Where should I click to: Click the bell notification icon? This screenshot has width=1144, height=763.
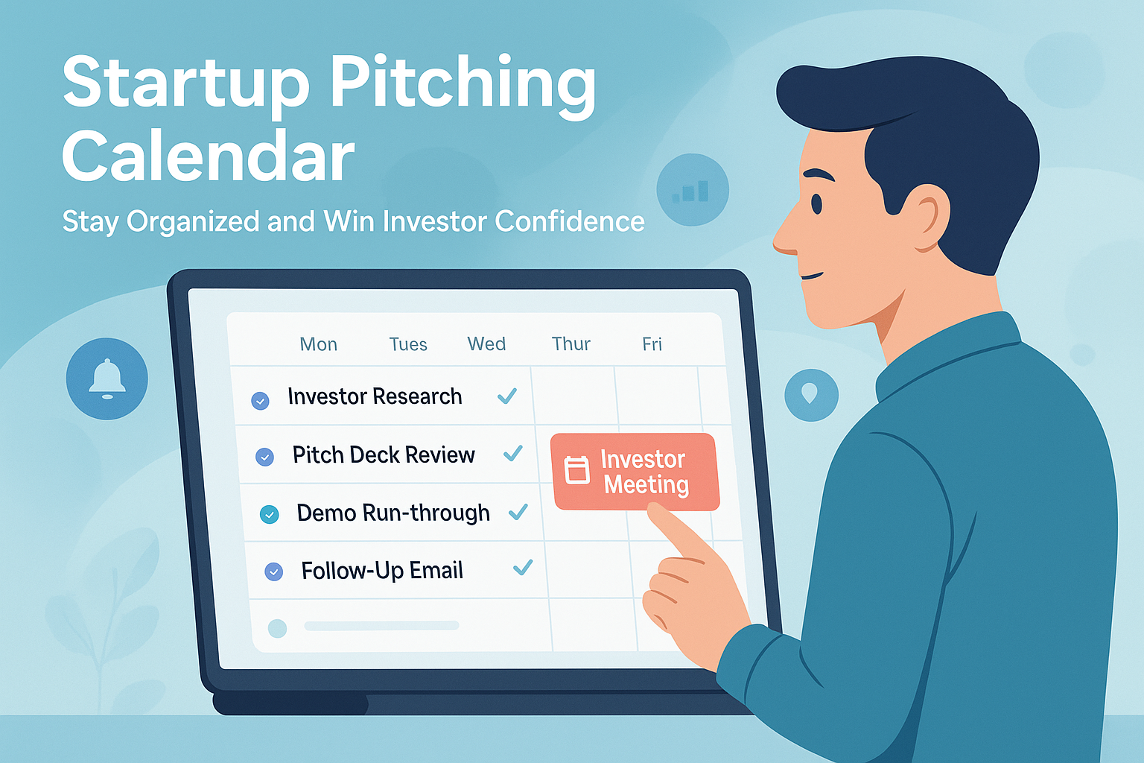coord(107,379)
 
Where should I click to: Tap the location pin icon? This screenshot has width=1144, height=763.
coord(811,394)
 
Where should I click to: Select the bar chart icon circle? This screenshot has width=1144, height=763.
coord(692,190)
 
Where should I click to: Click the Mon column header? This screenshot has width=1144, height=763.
coord(318,344)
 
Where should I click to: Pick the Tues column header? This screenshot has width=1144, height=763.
coord(408,344)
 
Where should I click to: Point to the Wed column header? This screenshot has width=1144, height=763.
coord(486,343)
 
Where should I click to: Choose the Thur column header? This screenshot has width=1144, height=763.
coord(571,343)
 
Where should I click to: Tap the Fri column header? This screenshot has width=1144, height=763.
coord(652,343)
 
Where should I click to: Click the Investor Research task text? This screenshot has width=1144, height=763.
coord(375,396)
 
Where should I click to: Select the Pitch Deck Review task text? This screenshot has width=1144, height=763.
coord(384,455)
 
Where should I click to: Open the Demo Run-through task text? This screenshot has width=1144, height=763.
coord(393,513)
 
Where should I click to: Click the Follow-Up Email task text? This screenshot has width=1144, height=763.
coord(382,571)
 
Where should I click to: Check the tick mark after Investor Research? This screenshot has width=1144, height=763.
coord(507,396)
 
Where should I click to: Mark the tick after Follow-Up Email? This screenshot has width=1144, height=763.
coord(523,568)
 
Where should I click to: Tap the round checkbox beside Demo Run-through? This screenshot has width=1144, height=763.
coord(269,514)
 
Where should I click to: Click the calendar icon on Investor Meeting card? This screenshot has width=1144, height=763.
coord(577,470)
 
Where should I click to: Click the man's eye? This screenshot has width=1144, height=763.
coord(816,203)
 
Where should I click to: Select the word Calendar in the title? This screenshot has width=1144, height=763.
coord(208,156)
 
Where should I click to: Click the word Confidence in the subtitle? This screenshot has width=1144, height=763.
coord(569,221)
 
